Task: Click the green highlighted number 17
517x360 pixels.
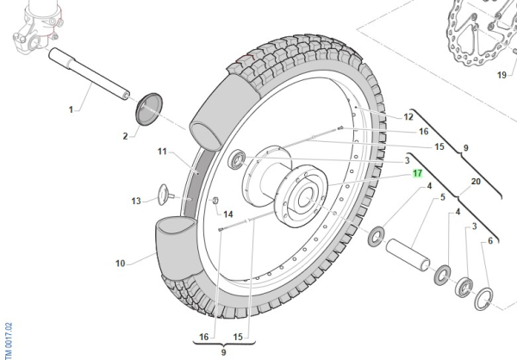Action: [417, 173]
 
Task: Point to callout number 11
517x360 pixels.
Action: [161, 152]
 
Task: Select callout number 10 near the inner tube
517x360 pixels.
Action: [120, 262]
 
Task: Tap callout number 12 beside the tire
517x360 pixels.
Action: [408, 117]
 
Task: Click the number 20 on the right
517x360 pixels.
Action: [475, 182]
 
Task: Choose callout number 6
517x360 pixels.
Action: [490, 241]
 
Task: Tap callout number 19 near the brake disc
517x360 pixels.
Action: [501, 74]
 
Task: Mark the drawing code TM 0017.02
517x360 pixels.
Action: [7, 324]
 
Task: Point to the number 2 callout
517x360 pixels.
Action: [124, 135]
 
